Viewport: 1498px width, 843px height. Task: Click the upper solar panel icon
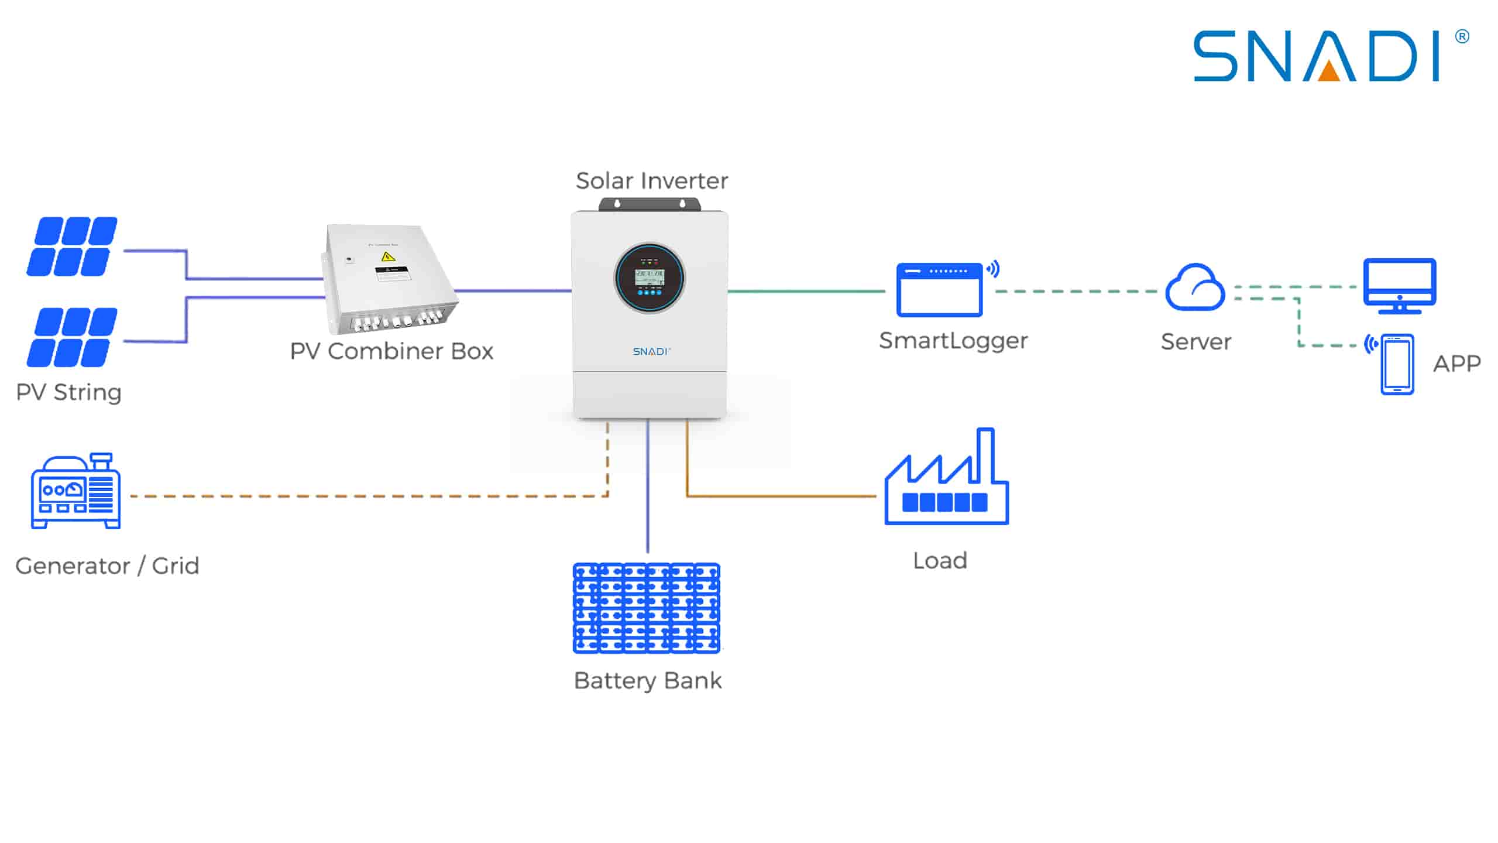[72, 246]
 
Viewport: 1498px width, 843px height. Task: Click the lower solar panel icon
[72, 337]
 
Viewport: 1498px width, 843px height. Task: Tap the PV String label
[68, 392]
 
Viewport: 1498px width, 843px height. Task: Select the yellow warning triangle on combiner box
[387, 256]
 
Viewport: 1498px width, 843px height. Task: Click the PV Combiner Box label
[391, 351]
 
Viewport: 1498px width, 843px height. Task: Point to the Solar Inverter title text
[652, 181]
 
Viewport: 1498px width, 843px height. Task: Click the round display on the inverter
[650, 278]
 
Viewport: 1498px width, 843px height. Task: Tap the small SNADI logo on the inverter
[651, 351]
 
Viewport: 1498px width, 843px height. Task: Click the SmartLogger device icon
[940, 290]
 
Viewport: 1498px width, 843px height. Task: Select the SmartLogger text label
[953, 341]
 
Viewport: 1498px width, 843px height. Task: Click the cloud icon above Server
[1195, 287]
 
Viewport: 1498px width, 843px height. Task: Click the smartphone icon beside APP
[1397, 364]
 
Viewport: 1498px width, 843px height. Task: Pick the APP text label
[1456, 364]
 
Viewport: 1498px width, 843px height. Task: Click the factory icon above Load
[946, 480]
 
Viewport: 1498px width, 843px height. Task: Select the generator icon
[76, 492]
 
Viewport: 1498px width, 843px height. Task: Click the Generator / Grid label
[107, 566]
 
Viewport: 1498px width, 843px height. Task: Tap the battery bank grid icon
[647, 608]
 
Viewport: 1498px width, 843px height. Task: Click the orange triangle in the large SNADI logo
[1329, 71]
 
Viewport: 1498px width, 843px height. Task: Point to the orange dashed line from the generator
[363, 496]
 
